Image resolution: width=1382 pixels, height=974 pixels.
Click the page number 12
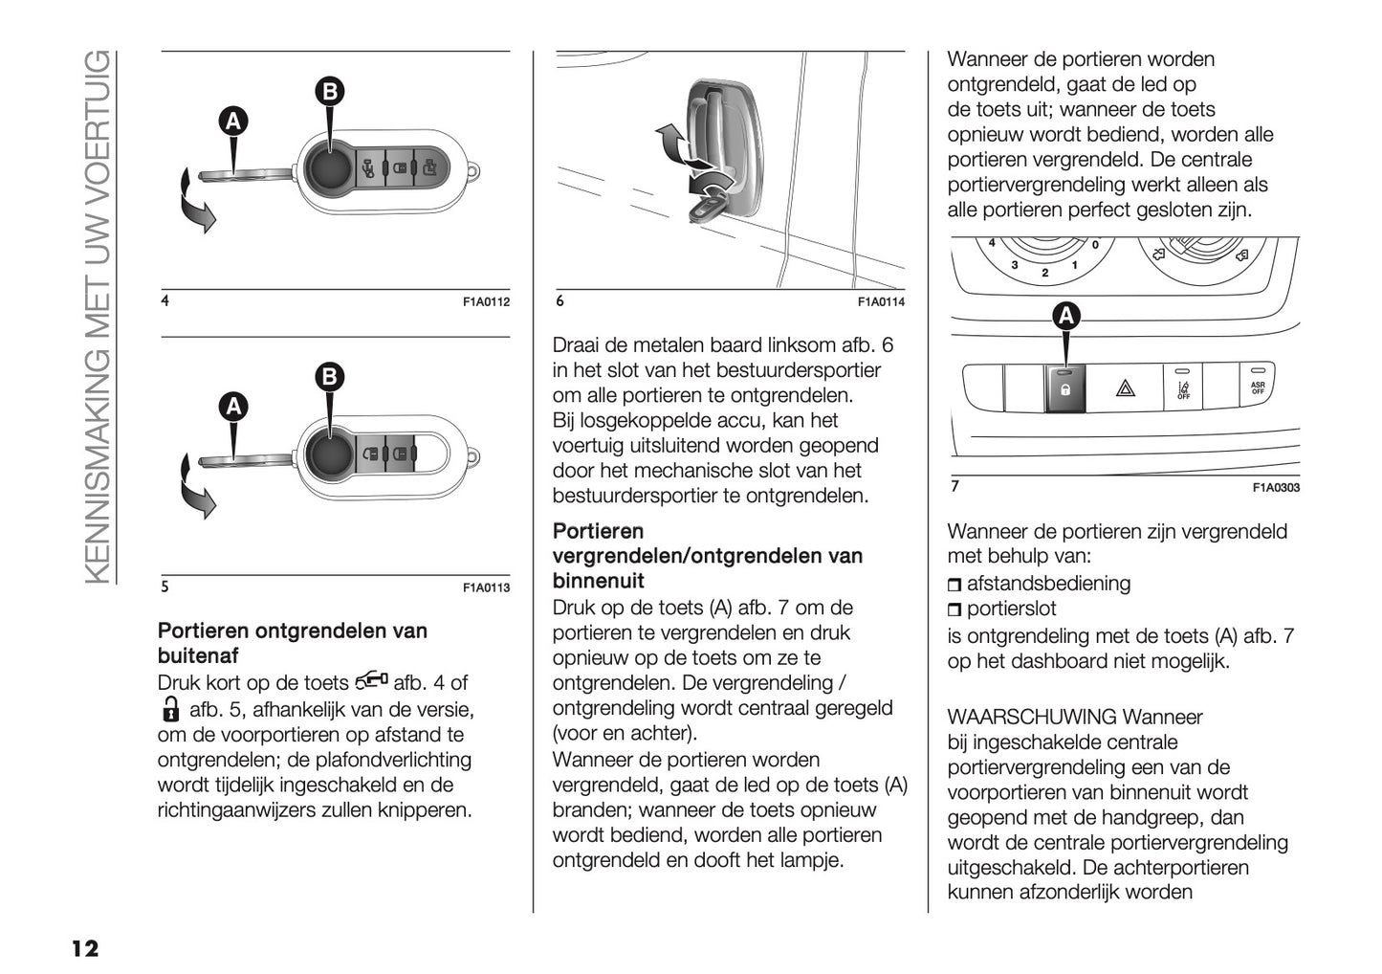pyautogui.click(x=84, y=948)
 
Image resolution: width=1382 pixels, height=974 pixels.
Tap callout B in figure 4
pyautogui.click(x=329, y=91)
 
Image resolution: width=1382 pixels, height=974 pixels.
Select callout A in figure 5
pyautogui.click(x=233, y=407)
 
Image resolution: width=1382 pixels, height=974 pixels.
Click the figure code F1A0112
pyautogui.click(x=486, y=302)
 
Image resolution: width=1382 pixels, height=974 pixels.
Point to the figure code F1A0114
pyautogui.click(x=881, y=302)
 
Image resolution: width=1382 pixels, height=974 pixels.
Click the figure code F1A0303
pyautogui.click(x=1276, y=488)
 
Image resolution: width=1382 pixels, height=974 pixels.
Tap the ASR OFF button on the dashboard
pyautogui.click(x=1258, y=387)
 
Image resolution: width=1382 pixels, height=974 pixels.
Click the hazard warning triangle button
pyautogui.click(x=1125, y=388)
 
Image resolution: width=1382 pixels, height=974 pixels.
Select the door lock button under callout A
pyautogui.click(x=1065, y=388)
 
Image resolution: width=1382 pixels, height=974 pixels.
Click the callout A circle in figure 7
pyautogui.click(x=1065, y=316)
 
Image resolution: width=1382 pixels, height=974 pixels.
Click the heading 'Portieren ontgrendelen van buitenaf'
pyautogui.click(x=292, y=643)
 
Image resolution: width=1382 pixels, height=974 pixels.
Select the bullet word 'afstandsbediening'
pyautogui.click(x=1048, y=584)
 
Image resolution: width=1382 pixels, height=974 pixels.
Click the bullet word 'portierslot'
pyautogui.click(x=1012, y=609)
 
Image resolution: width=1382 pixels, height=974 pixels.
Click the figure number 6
pyautogui.click(x=560, y=301)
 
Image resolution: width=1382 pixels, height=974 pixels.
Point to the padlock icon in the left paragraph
pyautogui.click(x=169, y=710)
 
